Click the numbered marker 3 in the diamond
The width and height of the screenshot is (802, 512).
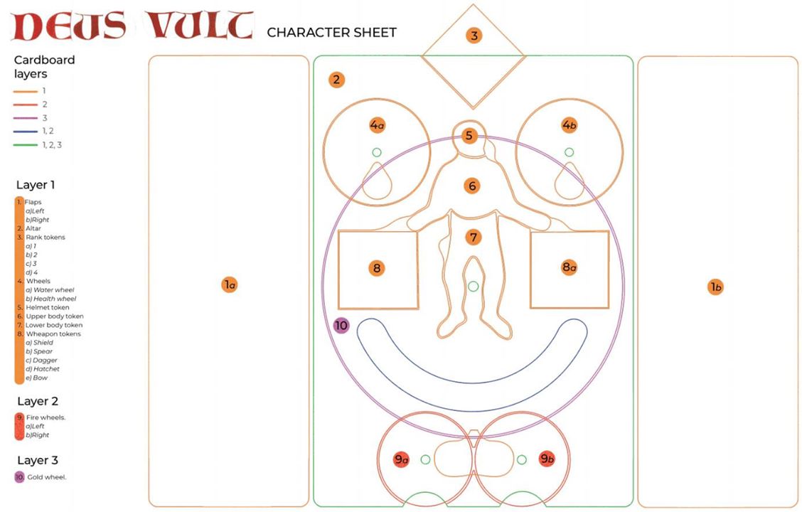coord(474,36)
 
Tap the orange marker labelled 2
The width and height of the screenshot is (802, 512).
coord(336,80)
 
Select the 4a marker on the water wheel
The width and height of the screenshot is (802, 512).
coord(377,125)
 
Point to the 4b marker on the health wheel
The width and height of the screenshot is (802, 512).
coord(569,125)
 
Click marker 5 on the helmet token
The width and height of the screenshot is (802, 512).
coord(469,136)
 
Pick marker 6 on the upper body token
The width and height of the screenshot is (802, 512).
coord(471,186)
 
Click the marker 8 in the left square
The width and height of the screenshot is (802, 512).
coord(377,268)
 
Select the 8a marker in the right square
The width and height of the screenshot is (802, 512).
coord(569,267)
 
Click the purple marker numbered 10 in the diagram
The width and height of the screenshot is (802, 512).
coord(341,326)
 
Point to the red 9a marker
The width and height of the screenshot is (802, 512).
coord(402,459)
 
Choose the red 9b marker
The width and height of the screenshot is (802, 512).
coord(547,459)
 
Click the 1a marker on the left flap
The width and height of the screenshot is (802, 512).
coord(230,285)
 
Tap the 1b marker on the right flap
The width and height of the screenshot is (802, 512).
coord(716,287)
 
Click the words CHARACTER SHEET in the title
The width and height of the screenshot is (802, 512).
coord(331,33)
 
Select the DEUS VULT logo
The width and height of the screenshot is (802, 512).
coord(133,26)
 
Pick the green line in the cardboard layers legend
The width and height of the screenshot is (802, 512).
coord(25,145)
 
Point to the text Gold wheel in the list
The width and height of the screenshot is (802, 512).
coord(47,477)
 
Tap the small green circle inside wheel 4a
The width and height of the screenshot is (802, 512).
coord(376,152)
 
